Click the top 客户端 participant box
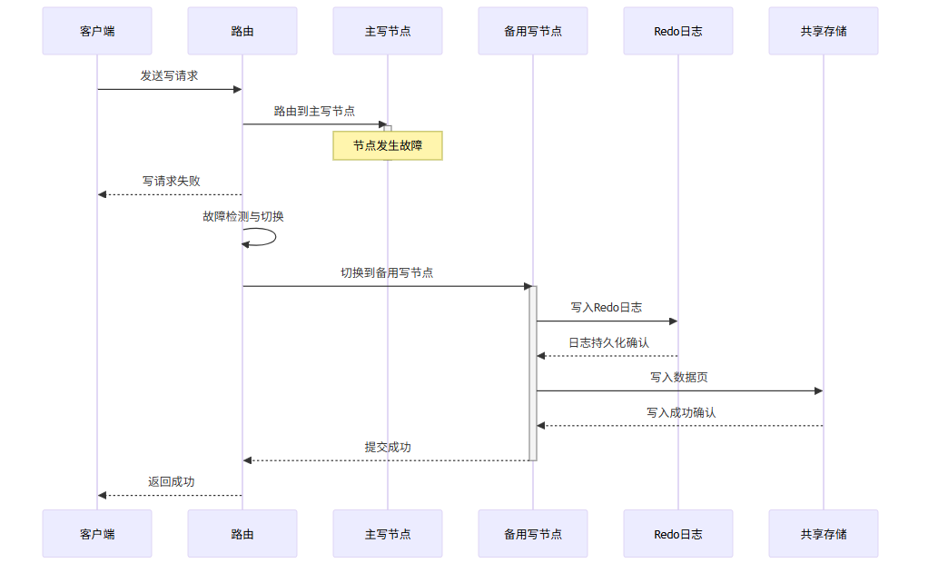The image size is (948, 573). (97, 31)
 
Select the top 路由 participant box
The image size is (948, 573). (242, 31)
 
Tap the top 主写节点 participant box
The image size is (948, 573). (388, 31)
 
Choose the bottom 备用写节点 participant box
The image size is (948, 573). (533, 534)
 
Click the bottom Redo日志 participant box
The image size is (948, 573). (678, 534)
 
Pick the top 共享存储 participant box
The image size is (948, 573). (824, 31)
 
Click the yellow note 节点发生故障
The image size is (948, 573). (388, 145)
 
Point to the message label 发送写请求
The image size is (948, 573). (169, 76)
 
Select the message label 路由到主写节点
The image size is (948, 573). (314, 112)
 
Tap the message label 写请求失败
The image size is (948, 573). (171, 182)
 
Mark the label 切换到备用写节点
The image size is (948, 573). (387, 273)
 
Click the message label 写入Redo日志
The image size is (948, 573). (607, 308)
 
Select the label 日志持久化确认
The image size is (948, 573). (608, 343)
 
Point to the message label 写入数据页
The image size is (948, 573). (679, 378)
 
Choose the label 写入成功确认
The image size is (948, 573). (681, 413)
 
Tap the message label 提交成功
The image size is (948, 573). (388, 448)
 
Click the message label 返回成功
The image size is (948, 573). (171, 482)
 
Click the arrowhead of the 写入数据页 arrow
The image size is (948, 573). (818, 391)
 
